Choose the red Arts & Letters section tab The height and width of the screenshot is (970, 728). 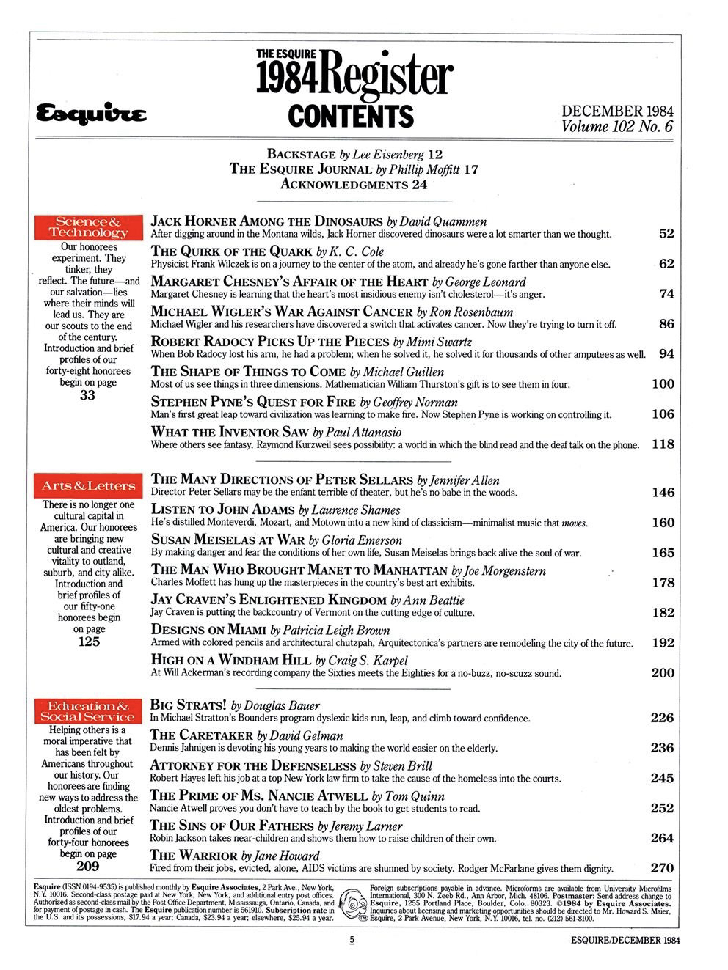[88, 485]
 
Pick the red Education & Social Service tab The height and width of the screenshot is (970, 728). [88, 710]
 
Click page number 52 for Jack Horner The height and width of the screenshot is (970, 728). [666, 234]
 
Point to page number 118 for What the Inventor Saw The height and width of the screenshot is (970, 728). [663, 444]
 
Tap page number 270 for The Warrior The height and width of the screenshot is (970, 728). [662, 869]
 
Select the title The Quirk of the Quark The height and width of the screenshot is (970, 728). [234, 251]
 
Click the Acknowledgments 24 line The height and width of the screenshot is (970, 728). [354, 184]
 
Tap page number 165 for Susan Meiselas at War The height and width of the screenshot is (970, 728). [663, 552]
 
